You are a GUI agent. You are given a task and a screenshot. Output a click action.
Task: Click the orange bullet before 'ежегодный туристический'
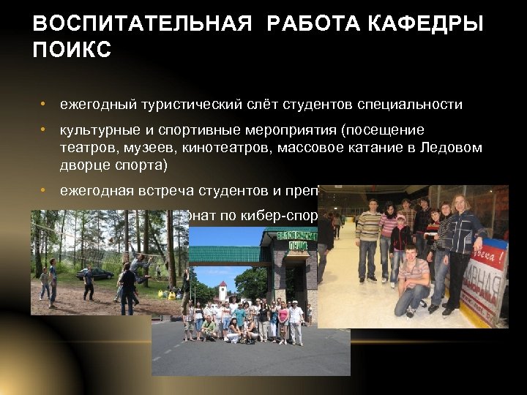[x=45, y=104]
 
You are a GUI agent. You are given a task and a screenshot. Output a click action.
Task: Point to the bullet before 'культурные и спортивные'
[x=45, y=130]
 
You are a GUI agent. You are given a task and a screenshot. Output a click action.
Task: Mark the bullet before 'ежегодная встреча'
[x=45, y=191]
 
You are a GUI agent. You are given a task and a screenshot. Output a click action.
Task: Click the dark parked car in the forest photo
[x=96, y=274]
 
